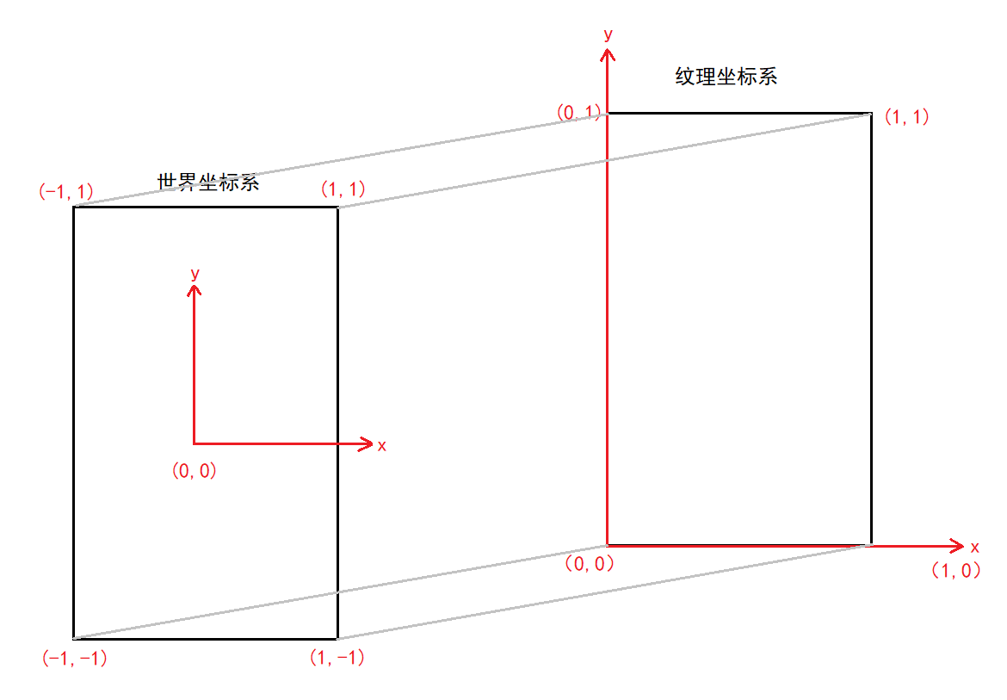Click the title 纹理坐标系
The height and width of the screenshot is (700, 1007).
point(726,76)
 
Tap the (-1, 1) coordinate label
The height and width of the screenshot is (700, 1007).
point(66,191)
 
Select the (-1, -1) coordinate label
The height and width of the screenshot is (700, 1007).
point(74,659)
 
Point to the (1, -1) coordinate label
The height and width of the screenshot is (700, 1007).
point(337,658)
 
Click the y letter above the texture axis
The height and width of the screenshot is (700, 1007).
point(609,34)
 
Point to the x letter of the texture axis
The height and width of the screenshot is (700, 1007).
point(974,548)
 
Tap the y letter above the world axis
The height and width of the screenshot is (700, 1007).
point(195,273)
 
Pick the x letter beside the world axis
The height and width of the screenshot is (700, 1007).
point(382,445)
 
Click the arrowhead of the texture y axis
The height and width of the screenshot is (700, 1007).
point(609,53)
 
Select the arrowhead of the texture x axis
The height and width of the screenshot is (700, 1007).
point(958,545)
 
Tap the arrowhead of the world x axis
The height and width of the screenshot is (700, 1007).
point(366,443)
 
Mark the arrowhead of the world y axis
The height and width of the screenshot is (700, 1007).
point(195,290)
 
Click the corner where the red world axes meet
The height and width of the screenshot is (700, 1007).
point(195,443)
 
